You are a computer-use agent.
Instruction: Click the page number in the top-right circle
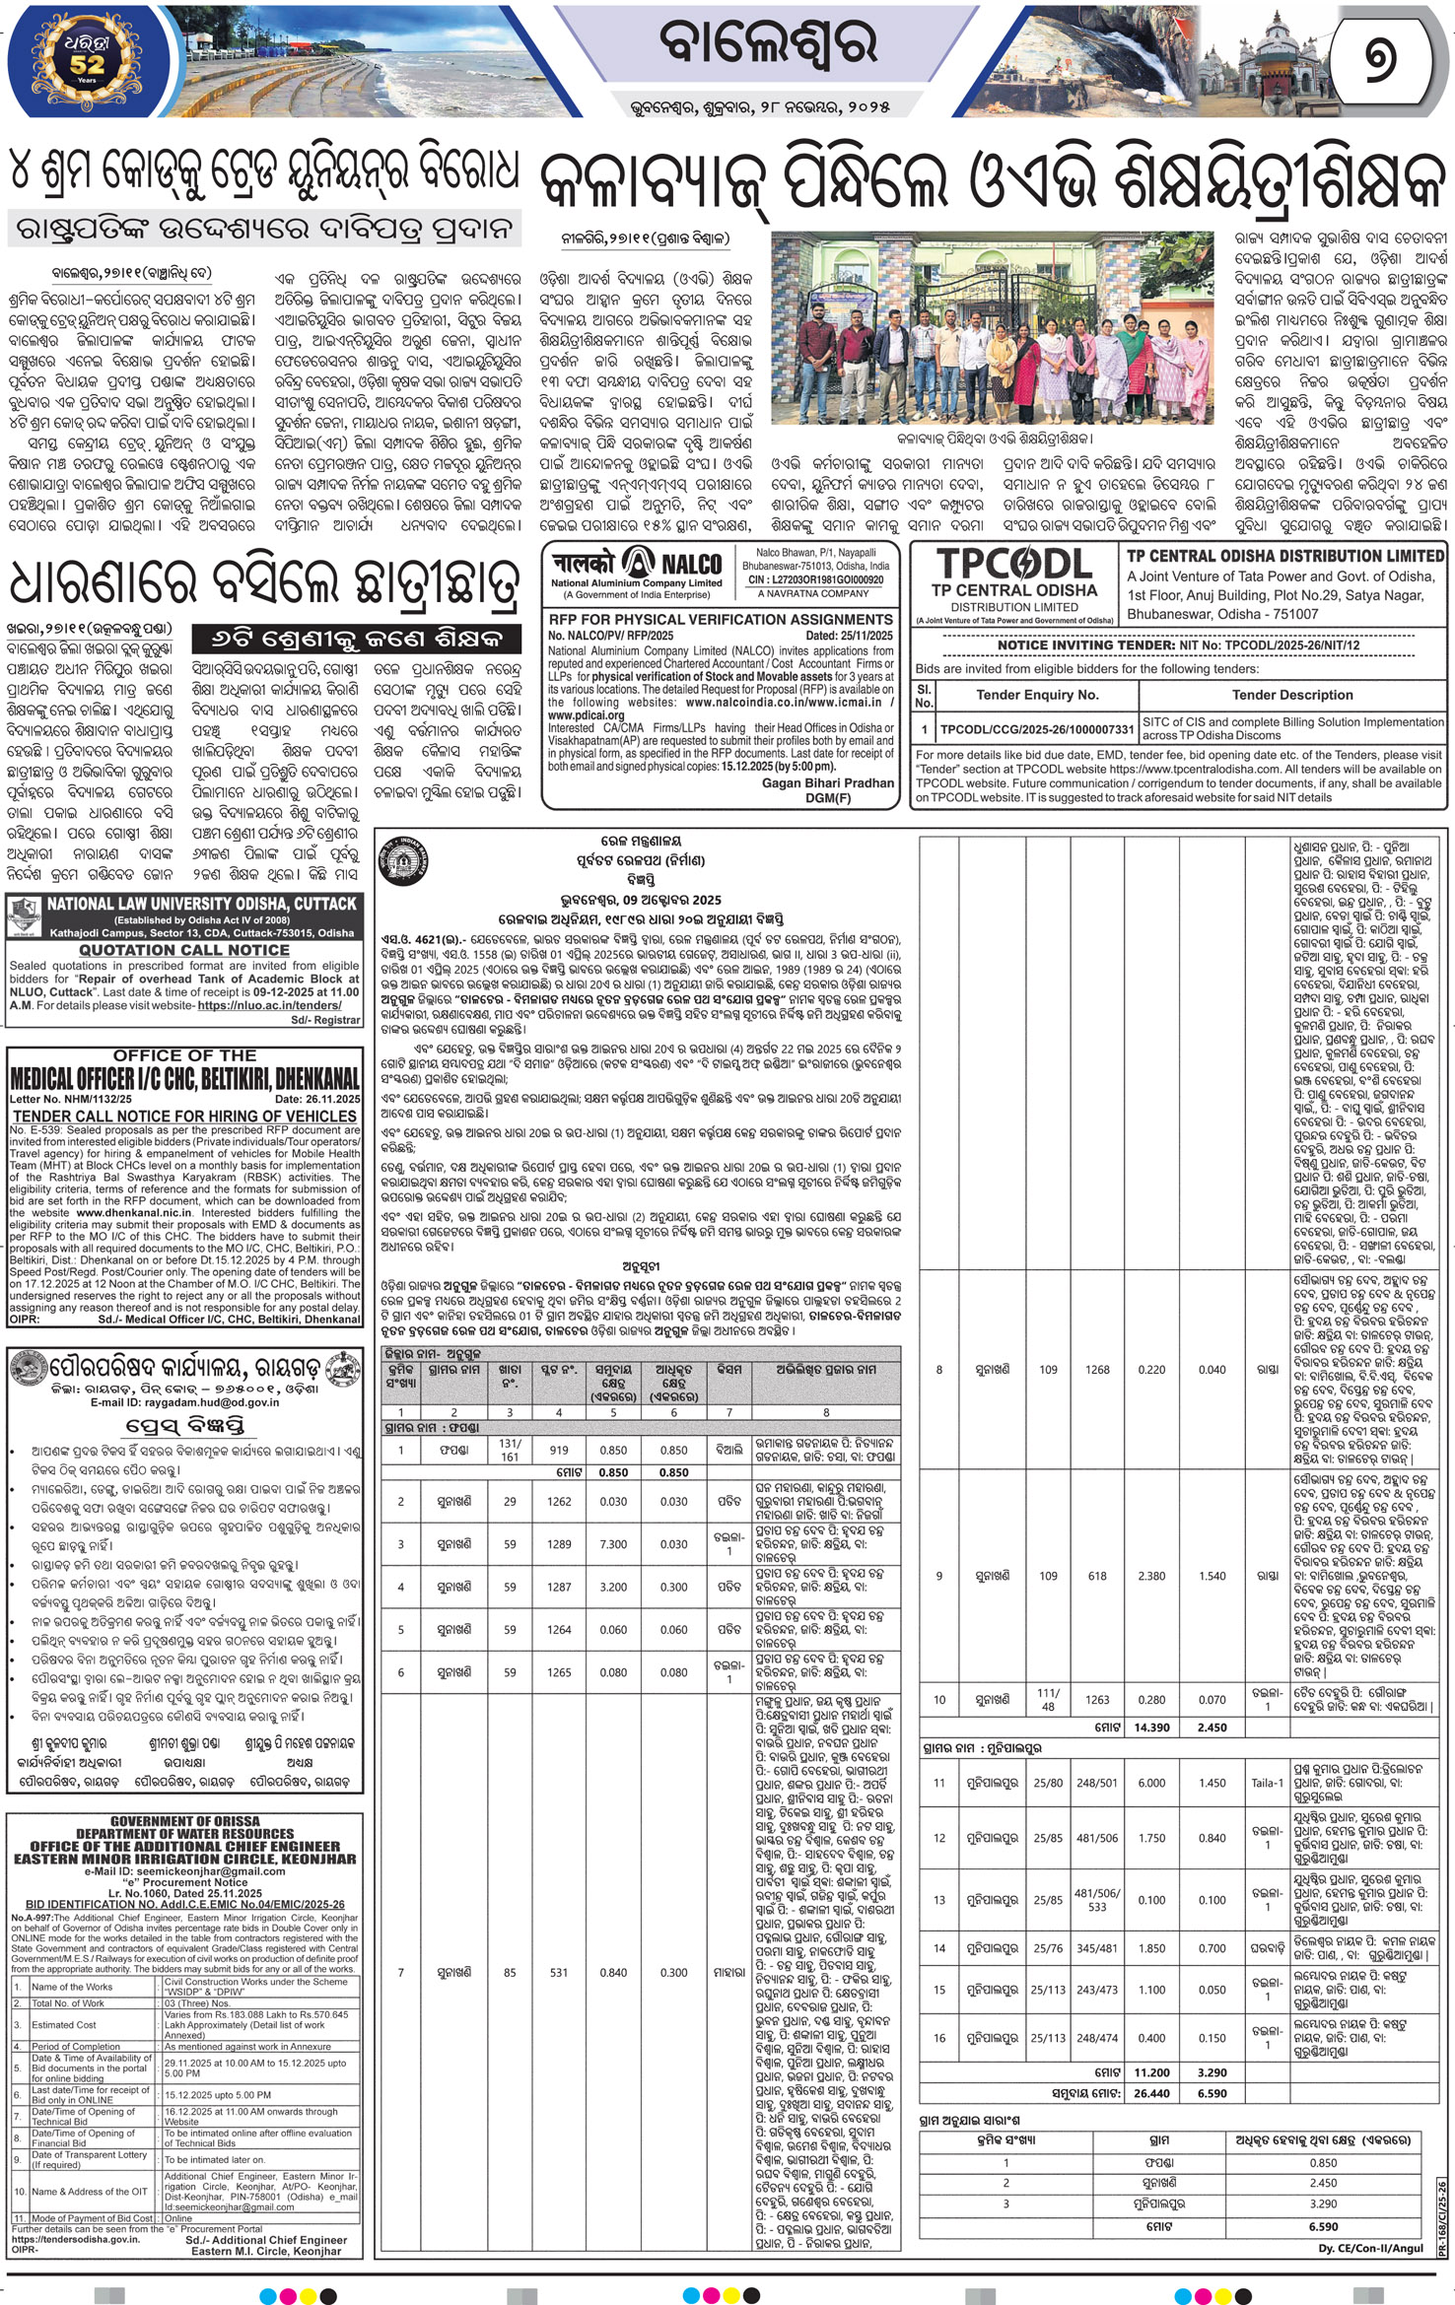coord(1387,64)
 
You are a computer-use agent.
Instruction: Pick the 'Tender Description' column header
coord(1292,695)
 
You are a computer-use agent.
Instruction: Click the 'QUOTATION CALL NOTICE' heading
coord(184,950)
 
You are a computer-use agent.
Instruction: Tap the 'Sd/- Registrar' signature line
coord(327,1020)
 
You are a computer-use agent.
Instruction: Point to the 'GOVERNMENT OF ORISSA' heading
coord(184,1821)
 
